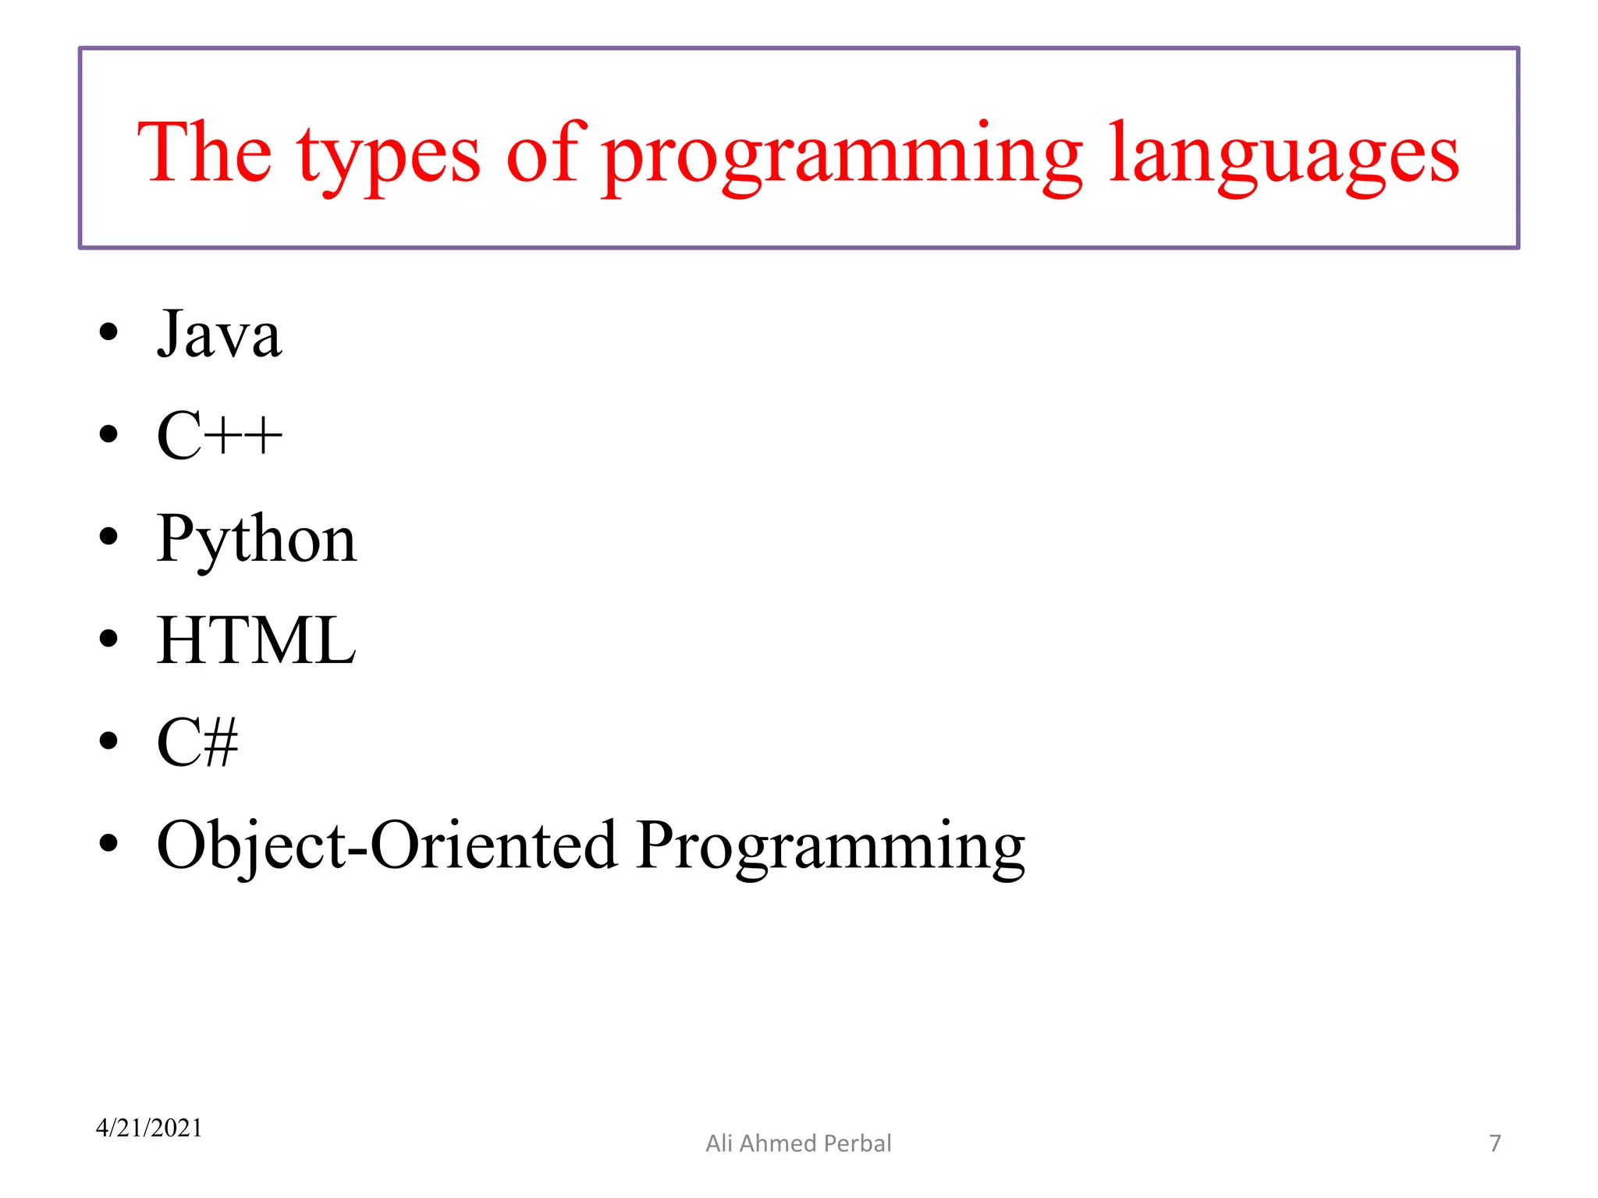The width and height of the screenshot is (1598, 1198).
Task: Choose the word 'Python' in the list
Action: pyautogui.click(x=256, y=540)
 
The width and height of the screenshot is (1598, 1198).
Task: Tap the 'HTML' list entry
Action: pyautogui.click(x=256, y=640)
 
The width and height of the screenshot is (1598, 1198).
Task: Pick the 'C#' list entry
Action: pyautogui.click(x=197, y=743)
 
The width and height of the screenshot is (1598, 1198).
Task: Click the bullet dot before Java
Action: pyautogui.click(x=108, y=332)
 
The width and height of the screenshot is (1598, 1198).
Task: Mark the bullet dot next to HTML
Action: pyautogui.click(x=108, y=639)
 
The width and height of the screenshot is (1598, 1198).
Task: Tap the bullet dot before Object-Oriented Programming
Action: pyautogui.click(x=108, y=843)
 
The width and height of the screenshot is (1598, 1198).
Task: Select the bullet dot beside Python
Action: pyautogui.click(x=108, y=537)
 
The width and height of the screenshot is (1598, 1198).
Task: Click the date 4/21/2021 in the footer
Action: pyautogui.click(x=149, y=1128)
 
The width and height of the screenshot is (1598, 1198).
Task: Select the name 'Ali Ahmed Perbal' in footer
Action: pyautogui.click(x=798, y=1143)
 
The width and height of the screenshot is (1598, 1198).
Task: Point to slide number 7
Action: pyautogui.click(x=1494, y=1143)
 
